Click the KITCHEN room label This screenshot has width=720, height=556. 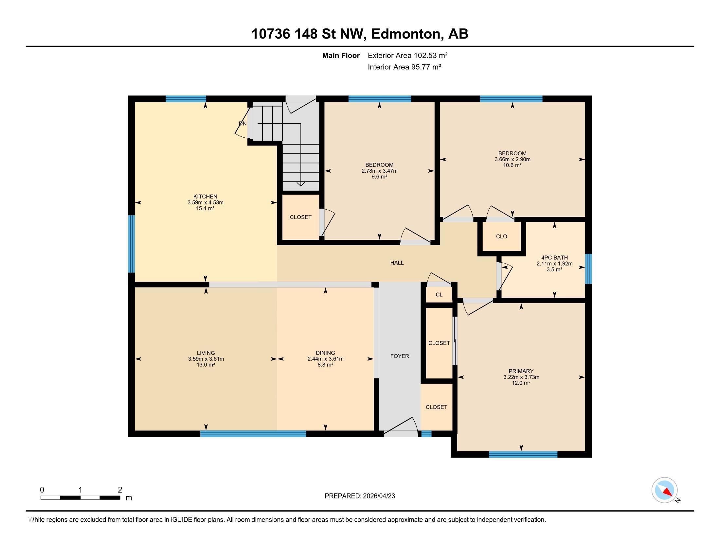(205, 197)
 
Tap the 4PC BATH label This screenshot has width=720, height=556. (554, 258)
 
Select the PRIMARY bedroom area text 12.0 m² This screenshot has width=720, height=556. (521, 383)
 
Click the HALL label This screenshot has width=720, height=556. (397, 263)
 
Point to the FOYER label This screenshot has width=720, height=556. (400, 356)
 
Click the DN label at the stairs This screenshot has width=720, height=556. (243, 124)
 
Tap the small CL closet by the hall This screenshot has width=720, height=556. (439, 295)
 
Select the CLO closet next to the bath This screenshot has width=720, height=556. (501, 236)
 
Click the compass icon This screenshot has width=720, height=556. (664, 490)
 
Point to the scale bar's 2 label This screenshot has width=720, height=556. (120, 490)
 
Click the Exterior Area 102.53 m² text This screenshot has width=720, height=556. (407, 55)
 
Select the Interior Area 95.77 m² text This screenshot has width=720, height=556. (404, 67)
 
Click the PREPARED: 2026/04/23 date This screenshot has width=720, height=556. (360, 496)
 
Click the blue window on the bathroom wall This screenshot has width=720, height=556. (588, 269)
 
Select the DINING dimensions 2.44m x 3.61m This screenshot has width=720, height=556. (325, 359)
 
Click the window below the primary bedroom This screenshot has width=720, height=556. (523, 455)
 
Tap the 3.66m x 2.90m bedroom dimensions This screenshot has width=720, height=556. (512, 159)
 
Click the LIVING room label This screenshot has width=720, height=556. (206, 353)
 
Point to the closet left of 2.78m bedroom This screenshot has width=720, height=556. (300, 217)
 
